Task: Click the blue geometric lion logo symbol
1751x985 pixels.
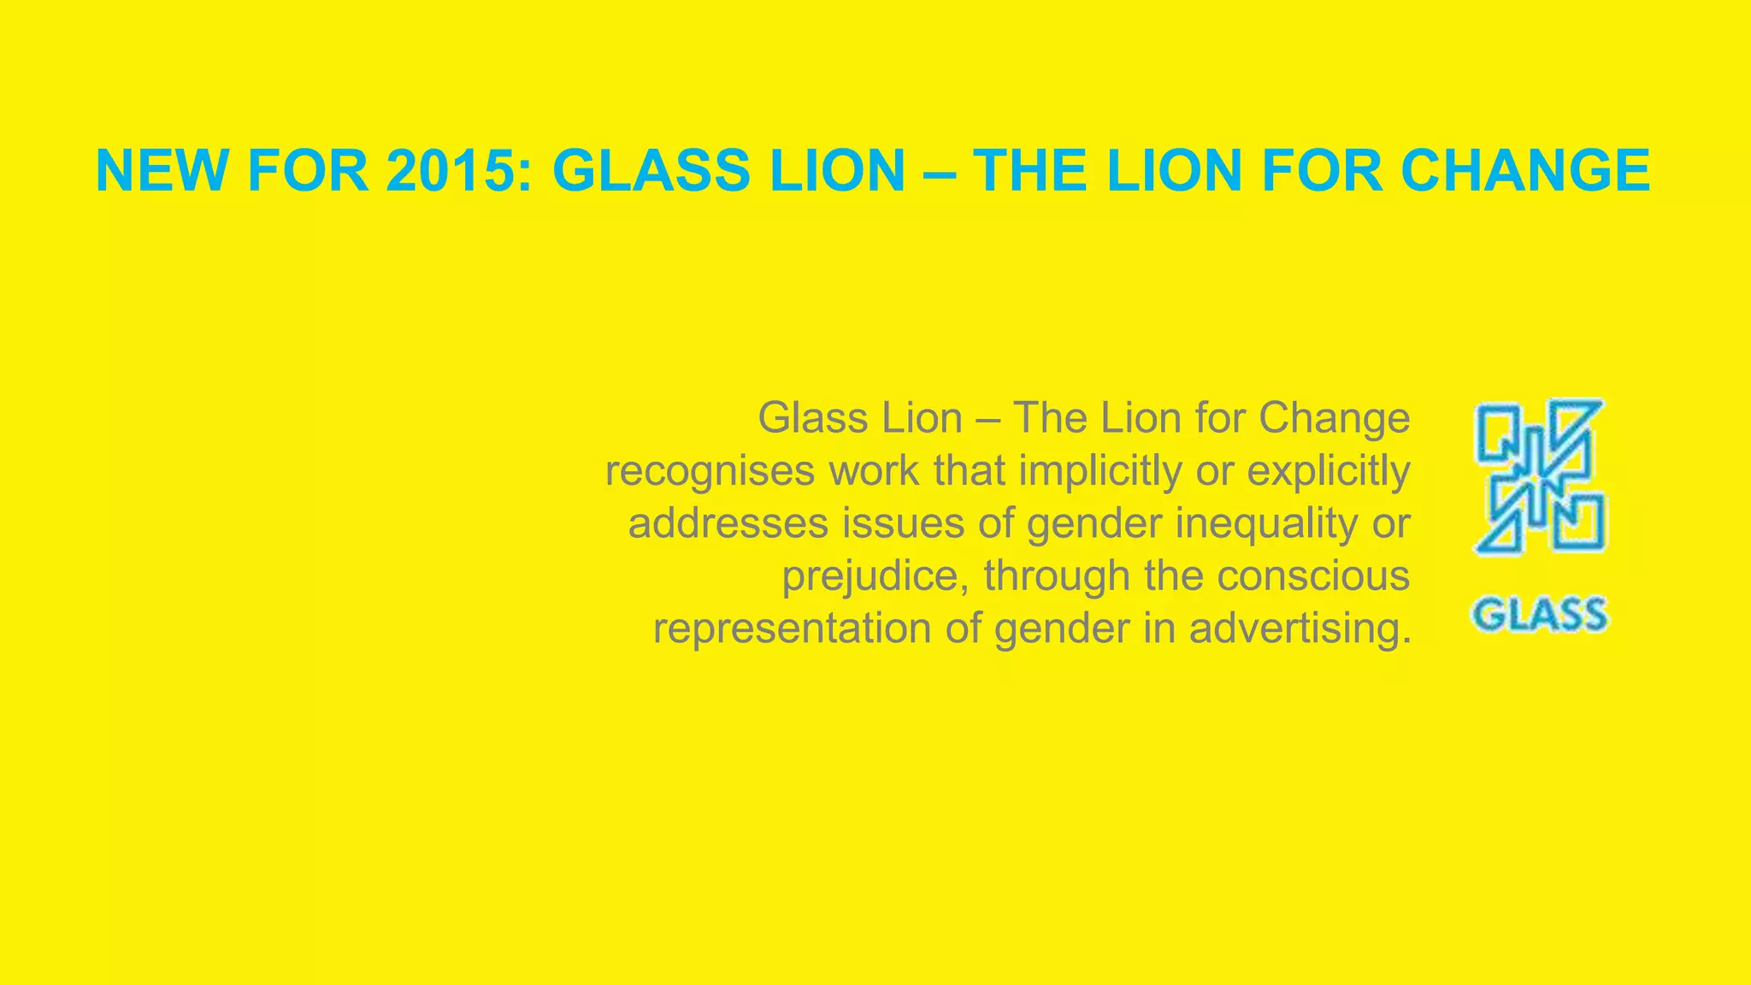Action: [1539, 475]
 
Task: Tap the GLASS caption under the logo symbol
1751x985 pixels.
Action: [1539, 615]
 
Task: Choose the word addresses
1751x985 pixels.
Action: [728, 523]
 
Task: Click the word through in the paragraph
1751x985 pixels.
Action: [1057, 576]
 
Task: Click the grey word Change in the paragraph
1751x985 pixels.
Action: [1334, 418]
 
